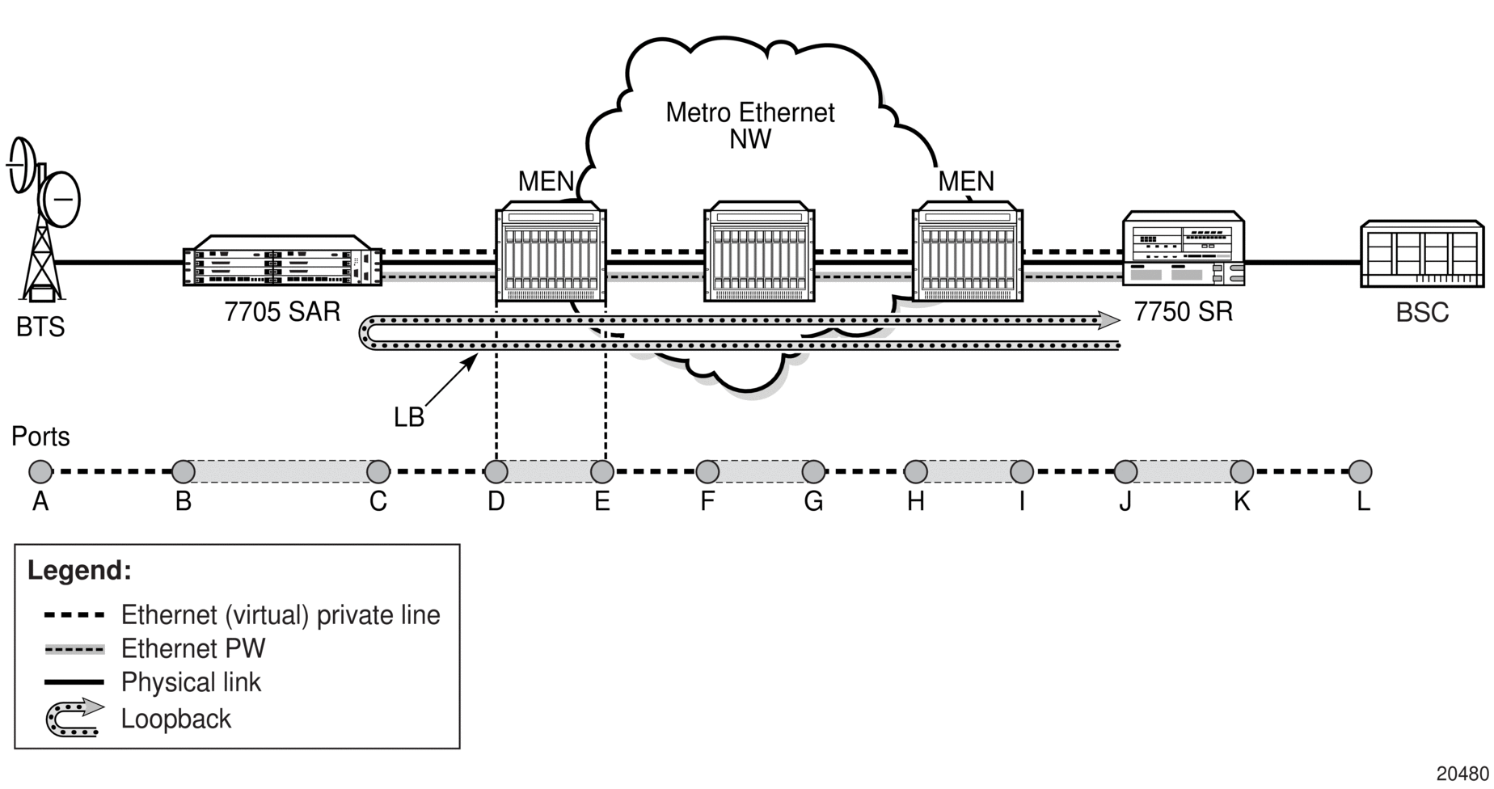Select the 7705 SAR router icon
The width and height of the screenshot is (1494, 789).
(282, 260)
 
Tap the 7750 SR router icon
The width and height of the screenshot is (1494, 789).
(1184, 248)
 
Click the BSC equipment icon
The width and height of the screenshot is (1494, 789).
(1422, 254)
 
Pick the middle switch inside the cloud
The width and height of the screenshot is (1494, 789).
(759, 251)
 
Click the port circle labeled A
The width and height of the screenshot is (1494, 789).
(40, 471)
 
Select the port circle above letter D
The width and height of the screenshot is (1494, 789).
(496, 471)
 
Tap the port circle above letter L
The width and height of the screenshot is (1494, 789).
(1361, 471)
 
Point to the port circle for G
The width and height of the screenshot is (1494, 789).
(813, 471)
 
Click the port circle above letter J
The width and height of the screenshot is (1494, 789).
(1125, 471)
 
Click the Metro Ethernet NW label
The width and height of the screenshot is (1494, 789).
(749, 125)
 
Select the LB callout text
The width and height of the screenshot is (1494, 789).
(409, 417)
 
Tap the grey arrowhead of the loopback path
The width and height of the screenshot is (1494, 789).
(1108, 321)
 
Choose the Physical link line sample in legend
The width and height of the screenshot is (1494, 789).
(74, 682)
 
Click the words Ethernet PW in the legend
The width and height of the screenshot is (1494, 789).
(193, 648)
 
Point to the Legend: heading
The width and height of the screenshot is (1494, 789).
(79, 571)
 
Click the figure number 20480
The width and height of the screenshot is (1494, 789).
(1462, 774)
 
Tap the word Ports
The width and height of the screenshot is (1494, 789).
(40, 437)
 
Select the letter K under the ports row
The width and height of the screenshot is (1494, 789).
(1242, 502)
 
